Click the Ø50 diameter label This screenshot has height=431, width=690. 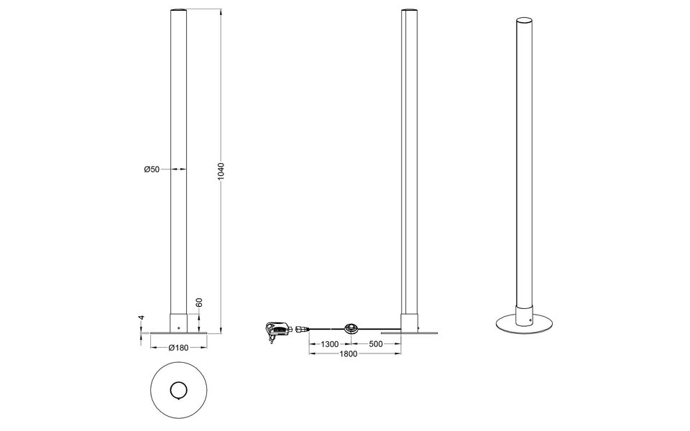click(x=151, y=170)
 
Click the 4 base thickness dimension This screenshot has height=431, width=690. click(x=142, y=318)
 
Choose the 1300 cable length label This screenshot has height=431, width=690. click(x=330, y=344)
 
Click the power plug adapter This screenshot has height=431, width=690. click(x=277, y=329)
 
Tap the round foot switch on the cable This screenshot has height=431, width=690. click(x=353, y=328)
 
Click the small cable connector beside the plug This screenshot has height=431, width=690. click(x=300, y=329)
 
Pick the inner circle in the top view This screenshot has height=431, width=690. click(x=178, y=390)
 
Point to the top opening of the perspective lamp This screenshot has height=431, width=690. click(x=525, y=19)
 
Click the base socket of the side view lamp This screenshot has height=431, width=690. click(x=410, y=323)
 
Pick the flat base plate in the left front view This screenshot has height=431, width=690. click(x=178, y=333)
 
